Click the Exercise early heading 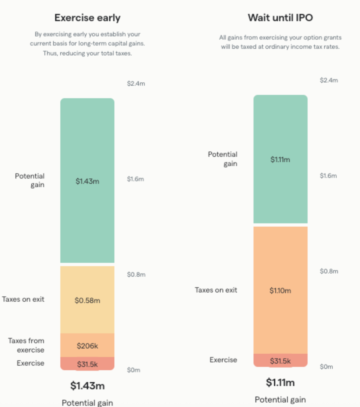[x=87, y=18]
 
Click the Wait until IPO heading [x=280, y=18]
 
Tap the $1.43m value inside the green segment [x=87, y=181]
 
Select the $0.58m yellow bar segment [x=87, y=300]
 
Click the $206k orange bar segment [x=87, y=346]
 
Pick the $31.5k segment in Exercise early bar [x=87, y=364]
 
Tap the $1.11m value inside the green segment [x=280, y=160]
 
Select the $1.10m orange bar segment [x=280, y=290]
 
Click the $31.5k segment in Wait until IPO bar [x=280, y=361]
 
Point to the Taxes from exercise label [x=26, y=345]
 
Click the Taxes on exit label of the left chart [x=23, y=299]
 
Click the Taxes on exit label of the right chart [x=216, y=290]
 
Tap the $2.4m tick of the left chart [x=136, y=84]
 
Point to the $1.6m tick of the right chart [x=328, y=176]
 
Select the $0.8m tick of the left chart [x=136, y=275]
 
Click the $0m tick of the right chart [x=326, y=367]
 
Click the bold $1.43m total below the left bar [x=87, y=386]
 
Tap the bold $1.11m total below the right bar [x=280, y=383]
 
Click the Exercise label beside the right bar [x=223, y=360]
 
